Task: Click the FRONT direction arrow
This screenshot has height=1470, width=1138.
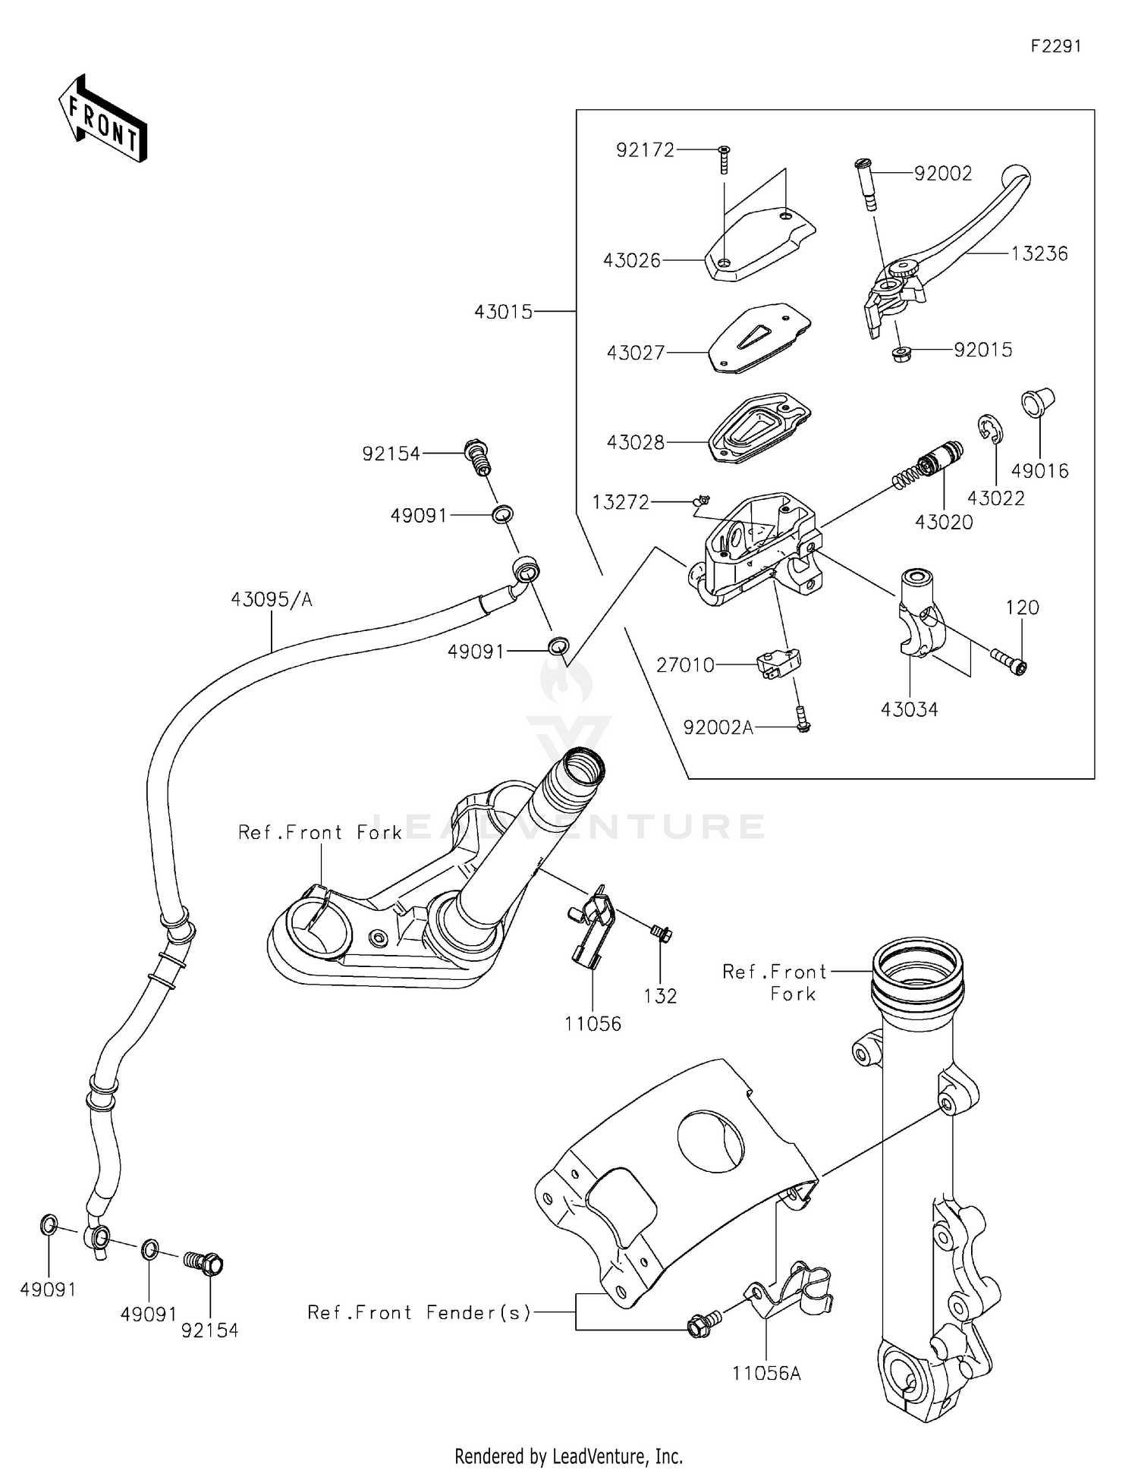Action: tap(102, 119)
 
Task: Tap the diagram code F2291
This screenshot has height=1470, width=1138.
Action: tap(1055, 46)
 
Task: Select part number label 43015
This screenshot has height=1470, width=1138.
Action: tap(503, 312)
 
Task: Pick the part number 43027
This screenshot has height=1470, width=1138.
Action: tap(635, 353)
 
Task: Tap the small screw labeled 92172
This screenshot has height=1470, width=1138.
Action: tap(724, 159)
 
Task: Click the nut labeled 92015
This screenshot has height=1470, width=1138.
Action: tap(901, 353)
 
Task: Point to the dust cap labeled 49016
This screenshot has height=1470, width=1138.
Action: tap(1039, 401)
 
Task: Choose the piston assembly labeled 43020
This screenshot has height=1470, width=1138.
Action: tap(930, 466)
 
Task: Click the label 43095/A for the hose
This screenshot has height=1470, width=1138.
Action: tap(272, 600)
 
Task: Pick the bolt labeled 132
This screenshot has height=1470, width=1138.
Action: tap(661, 933)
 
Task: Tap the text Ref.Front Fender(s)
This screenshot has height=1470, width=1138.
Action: tap(419, 1313)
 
